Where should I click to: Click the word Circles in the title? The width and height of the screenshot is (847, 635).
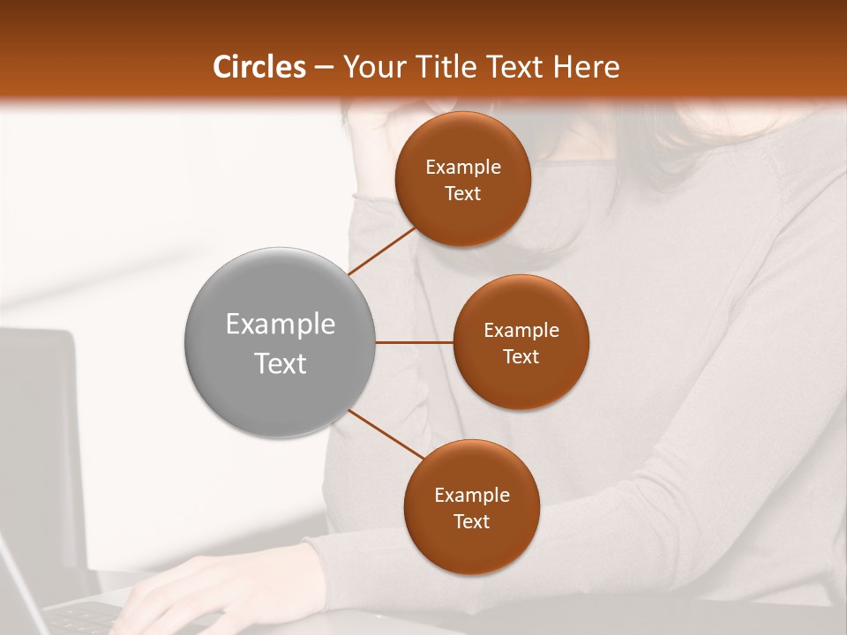pos(259,67)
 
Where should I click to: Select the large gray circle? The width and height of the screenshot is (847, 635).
pos(280,342)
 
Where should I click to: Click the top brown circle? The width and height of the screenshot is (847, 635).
pos(462,179)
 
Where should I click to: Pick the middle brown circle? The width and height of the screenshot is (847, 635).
pos(521,342)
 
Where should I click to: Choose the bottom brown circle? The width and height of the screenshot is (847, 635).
pos(471,507)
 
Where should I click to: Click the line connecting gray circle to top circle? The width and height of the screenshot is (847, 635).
pos(383,250)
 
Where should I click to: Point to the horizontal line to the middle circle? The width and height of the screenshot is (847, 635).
pos(414,342)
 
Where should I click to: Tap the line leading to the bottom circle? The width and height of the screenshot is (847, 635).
pos(386,434)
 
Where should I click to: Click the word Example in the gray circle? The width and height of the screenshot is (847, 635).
pos(280,325)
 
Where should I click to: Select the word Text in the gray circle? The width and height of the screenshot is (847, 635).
pos(280,363)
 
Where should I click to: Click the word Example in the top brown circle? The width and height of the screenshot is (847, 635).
pos(462,167)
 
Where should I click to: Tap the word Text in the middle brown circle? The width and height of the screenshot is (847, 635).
pos(521,356)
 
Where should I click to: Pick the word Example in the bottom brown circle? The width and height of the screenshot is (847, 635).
pos(471,495)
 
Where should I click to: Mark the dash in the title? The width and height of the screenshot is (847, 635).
pos(324,67)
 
